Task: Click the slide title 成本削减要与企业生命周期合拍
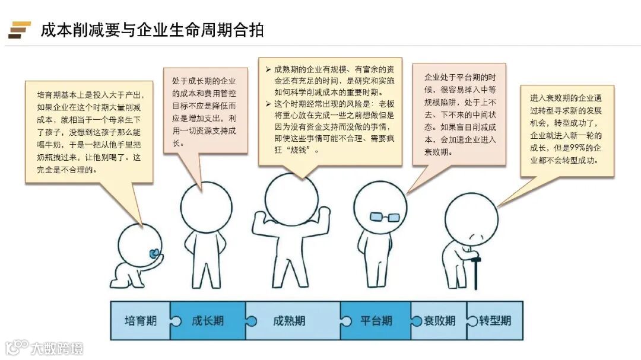152,30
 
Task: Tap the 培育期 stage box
141,321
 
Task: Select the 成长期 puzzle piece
208,321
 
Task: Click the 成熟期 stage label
289,321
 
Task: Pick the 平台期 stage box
376,321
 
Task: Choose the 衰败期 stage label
440,321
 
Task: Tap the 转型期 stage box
495,321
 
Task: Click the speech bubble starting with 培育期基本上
89,131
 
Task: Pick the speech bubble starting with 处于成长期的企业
205,110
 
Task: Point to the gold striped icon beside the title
19,29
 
